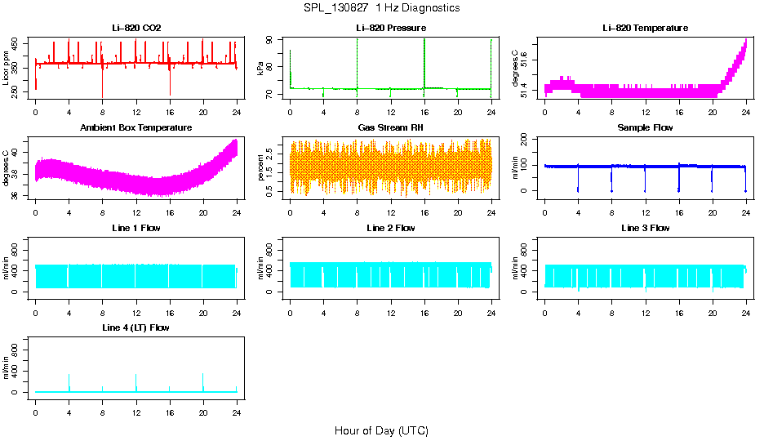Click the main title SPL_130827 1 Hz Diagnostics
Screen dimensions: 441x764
tap(380, 8)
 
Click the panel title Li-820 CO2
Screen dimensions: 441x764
tap(136, 28)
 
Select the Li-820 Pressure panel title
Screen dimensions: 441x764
tap(390, 28)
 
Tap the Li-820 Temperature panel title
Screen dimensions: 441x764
tap(645, 28)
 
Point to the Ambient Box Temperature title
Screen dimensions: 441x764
tap(136, 127)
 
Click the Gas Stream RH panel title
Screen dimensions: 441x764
tap(390, 127)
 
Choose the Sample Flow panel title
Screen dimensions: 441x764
tap(645, 127)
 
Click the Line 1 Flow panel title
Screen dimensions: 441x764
tap(136, 228)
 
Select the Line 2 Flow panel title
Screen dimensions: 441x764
tap(390, 228)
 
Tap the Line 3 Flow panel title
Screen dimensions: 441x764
tap(645, 228)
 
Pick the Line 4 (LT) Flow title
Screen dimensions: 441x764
tap(136, 327)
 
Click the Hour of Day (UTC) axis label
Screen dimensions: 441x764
tap(381, 430)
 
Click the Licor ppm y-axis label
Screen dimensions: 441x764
tap(7, 69)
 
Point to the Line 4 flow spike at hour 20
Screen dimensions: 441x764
tap(202, 381)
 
